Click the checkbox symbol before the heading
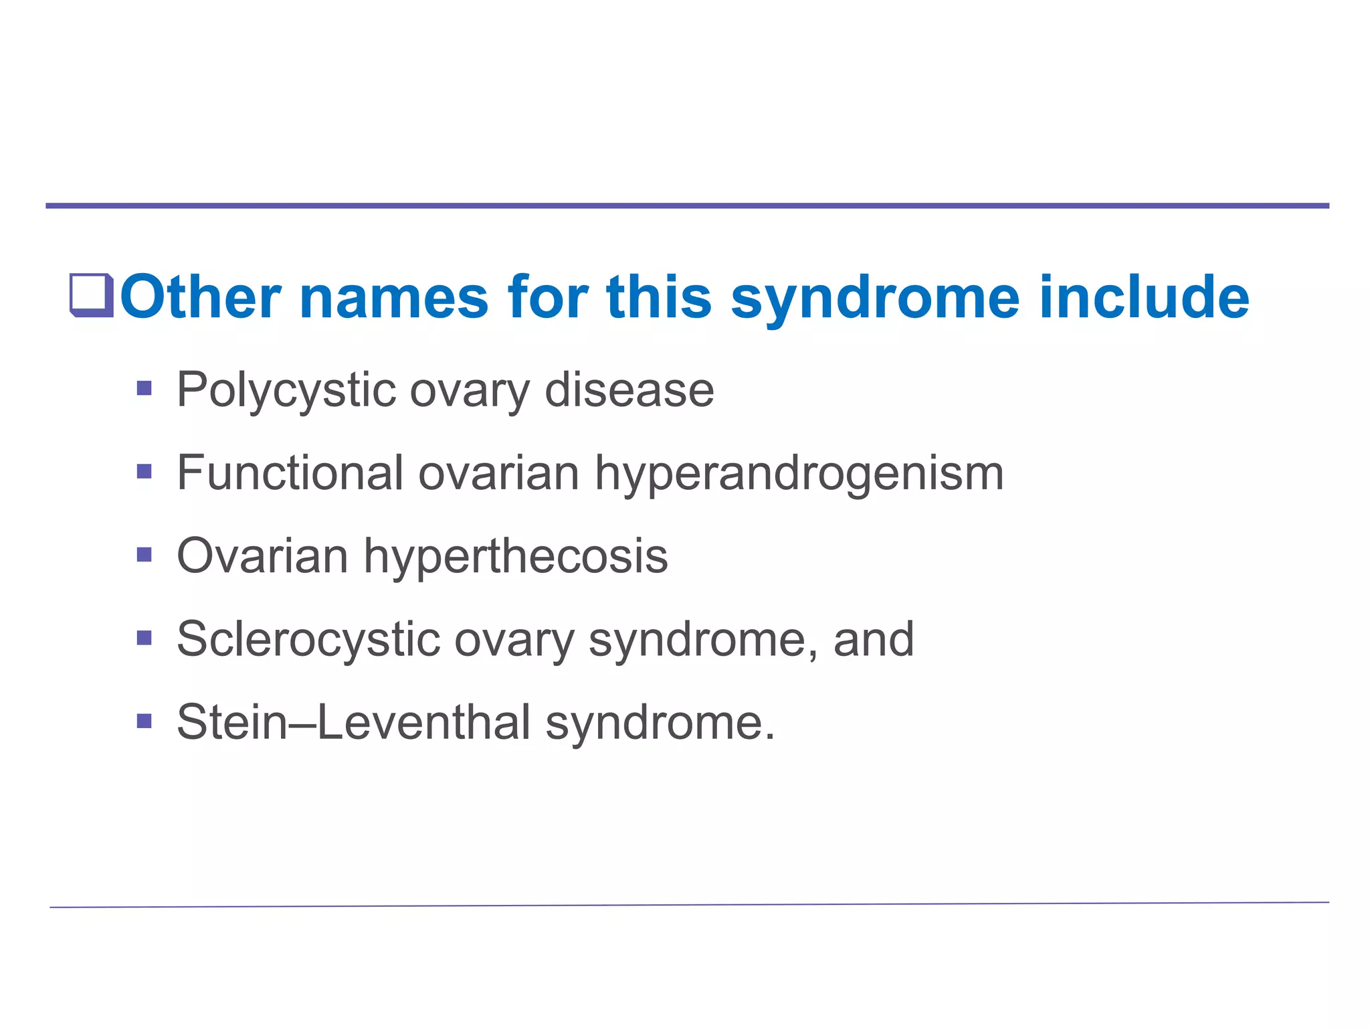point(92,295)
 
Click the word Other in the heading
point(201,297)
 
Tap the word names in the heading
point(395,297)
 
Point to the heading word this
point(659,297)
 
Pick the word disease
point(629,390)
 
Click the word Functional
point(290,473)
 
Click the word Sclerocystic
point(308,640)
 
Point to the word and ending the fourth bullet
point(874,639)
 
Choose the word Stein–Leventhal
point(354,722)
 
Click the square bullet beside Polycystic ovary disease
point(144,388)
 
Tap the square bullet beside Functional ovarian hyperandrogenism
point(144,472)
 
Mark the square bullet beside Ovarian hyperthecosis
point(144,555)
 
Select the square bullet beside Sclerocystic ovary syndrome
point(144,638)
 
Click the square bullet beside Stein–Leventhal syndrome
point(144,721)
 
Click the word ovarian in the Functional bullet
point(498,473)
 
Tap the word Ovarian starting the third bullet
point(262,556)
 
